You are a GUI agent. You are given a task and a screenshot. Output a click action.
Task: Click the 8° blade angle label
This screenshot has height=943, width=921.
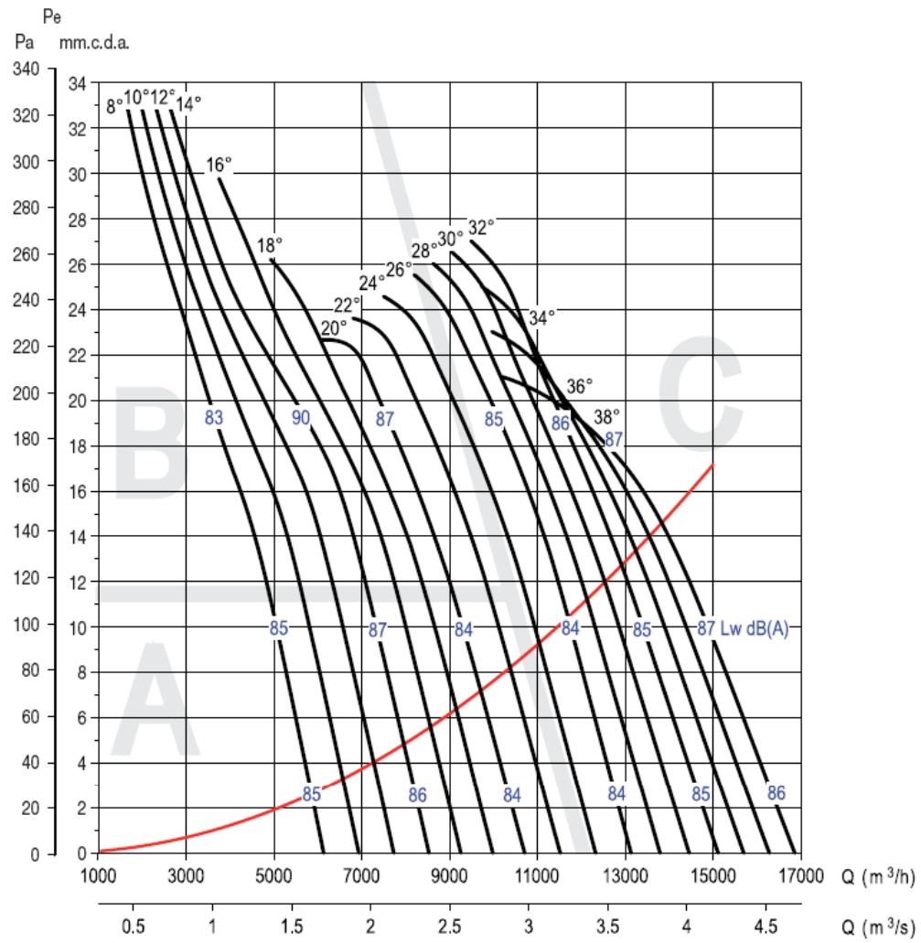pos(115,105)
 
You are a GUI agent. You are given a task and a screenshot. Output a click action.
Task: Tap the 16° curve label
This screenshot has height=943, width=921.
pos(219,165)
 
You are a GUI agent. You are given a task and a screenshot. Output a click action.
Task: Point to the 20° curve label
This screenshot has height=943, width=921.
pos(334,327)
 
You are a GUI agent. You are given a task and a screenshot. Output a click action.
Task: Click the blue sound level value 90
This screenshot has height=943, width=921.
pos(301,418)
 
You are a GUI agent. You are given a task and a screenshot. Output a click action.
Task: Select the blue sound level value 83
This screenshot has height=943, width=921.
pos(214,418)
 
